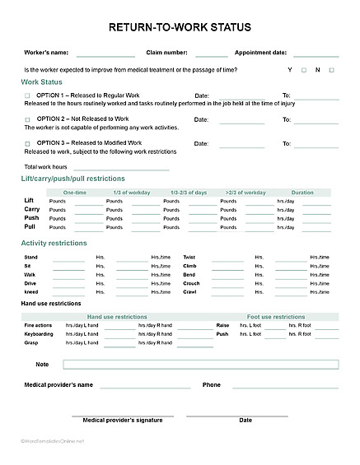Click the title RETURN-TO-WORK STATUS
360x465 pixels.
[x=180, y=28]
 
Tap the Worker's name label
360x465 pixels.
[x=46, y=52]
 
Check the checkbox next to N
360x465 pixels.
[x=331, y=70]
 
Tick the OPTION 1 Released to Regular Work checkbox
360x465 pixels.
[x=27, y=96]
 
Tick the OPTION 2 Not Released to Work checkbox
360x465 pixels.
[x=27, y=120]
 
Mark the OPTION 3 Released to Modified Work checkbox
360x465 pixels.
[x=27, y=144]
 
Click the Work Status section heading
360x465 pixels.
[x=40, y=82]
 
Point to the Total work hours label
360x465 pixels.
[x=46, y=167]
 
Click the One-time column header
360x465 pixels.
[x=74, y=193]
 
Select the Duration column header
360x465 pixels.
[x=302, y=193]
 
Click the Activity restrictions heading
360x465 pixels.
[x=54, y=244]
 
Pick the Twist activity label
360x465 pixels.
[x=189, y=257]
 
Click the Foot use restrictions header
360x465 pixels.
[x=276, y=317]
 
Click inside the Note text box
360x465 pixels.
[x=200, y=365]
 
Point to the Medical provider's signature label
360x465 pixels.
[x=122, y=420]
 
